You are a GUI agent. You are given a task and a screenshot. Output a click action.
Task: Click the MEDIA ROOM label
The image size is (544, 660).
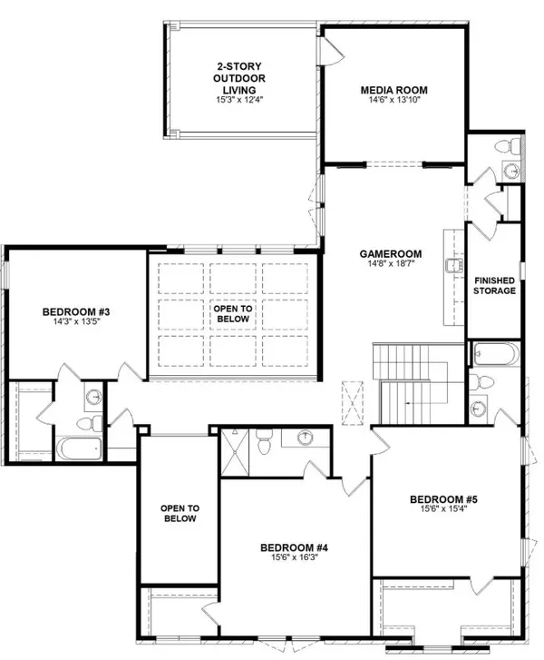(393, 90)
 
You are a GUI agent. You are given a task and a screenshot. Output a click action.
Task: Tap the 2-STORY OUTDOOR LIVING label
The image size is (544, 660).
(240, 78)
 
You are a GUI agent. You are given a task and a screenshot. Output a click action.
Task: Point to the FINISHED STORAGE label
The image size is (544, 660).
(495, 285)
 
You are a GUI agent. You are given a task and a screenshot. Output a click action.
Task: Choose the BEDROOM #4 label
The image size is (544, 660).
(294, 547)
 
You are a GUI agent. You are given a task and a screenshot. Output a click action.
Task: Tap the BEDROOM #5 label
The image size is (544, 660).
(443, 499)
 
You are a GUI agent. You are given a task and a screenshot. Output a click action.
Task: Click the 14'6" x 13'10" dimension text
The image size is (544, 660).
(393, 103)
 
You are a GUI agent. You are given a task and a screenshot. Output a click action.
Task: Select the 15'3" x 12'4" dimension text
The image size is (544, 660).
(240, 100)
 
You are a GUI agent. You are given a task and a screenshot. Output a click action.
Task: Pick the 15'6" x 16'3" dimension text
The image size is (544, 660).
(294, 559)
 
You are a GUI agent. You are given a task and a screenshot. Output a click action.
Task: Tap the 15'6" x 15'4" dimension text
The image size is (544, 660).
(443, 511)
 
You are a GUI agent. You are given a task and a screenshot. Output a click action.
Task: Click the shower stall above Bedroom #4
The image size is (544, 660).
(235, 446)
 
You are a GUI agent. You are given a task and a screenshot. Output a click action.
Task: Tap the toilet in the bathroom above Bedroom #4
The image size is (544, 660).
(265, 444)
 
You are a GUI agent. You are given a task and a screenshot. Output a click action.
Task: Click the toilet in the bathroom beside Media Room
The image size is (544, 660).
(512, 145)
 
